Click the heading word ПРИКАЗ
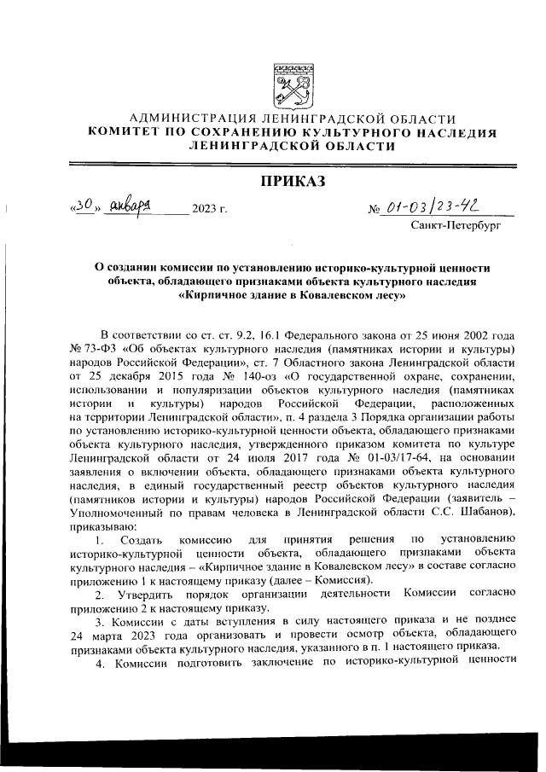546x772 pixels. coord(292,181)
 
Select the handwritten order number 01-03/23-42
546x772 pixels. coord(429,206)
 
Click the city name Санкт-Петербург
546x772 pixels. coord(455,229)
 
